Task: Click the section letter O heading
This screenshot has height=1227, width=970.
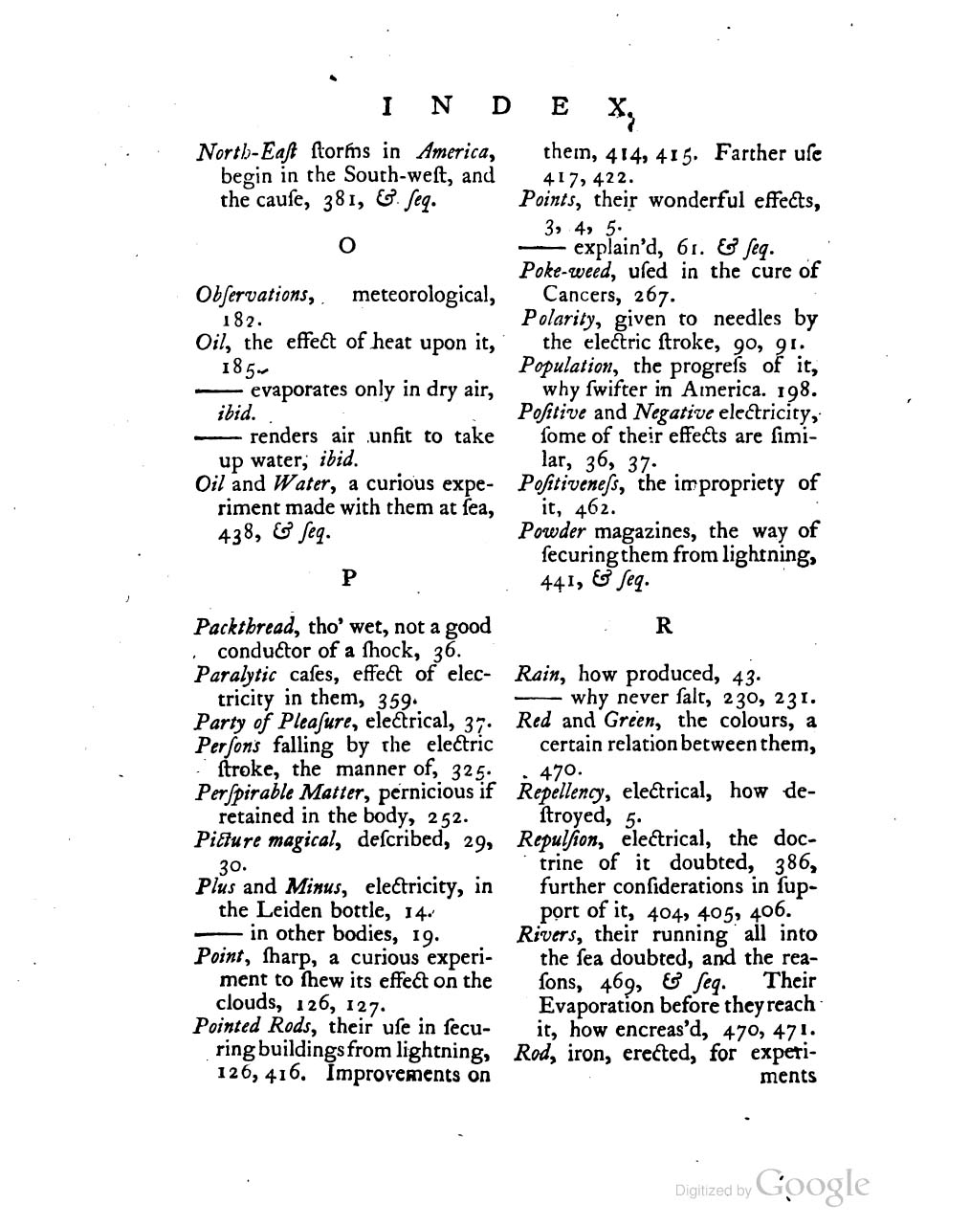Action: coord(348,247)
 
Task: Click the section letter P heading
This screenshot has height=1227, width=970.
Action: coord(349,577)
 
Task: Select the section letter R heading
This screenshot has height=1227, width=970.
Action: coord(664,626)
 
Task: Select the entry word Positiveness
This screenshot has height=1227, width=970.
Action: coord(571,483)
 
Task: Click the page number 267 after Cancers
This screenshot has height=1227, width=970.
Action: coord(655,295)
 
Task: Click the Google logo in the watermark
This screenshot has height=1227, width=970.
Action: coord(812,1185)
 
